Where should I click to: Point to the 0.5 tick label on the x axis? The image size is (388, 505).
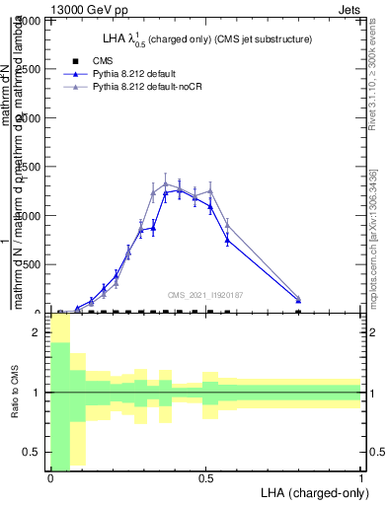(x=205, y=477)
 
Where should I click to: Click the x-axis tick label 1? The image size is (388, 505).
(x=360, y=477)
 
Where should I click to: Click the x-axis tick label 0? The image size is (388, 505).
(x=49, y=477)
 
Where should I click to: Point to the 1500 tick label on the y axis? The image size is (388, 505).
(x=32, y=167)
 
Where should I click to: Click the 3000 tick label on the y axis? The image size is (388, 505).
(x=32, y=21)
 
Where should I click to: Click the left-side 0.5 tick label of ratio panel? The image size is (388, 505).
(x=35, y=452)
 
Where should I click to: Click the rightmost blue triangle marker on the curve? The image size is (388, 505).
(x=298, y=300)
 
